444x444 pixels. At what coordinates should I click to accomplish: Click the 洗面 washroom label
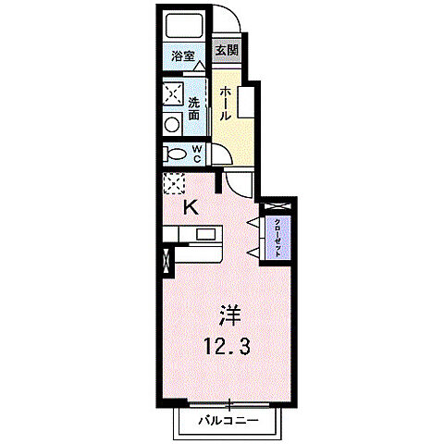coord(195,109)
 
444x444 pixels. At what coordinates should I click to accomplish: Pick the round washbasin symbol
coord(173,125)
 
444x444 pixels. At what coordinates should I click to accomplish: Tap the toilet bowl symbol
coord(176,154)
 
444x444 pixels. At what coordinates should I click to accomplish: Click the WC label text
coord(198,153)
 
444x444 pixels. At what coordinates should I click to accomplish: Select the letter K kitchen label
coord(189,206)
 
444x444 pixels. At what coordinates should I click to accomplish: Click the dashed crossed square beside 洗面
coord(173,93)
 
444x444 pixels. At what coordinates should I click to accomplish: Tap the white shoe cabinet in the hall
coord(245,102)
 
